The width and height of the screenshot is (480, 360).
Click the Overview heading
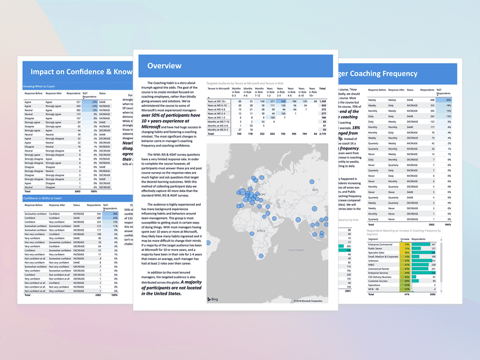165,66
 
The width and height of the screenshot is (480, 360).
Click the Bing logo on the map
213,299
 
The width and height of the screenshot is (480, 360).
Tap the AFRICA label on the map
261,230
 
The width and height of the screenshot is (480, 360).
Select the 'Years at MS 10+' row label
217,100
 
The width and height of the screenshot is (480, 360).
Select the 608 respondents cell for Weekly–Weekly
432,100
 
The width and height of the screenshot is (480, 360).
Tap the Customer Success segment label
380,281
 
